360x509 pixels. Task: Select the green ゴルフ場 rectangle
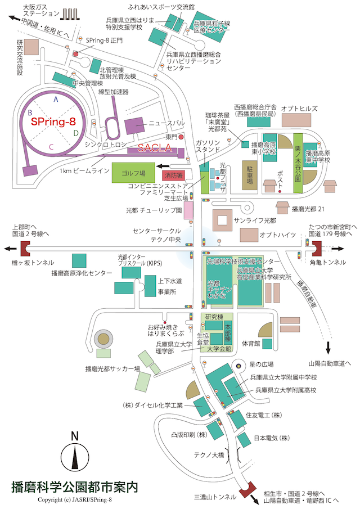134,173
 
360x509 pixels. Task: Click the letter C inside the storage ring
51,146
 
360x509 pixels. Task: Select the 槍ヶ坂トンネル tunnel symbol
27,248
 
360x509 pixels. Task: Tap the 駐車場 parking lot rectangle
249,175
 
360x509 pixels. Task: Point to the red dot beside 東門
181,137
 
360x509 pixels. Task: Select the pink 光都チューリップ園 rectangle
188,210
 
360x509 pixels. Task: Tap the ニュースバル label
166,123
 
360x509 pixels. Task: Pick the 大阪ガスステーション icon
70,14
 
